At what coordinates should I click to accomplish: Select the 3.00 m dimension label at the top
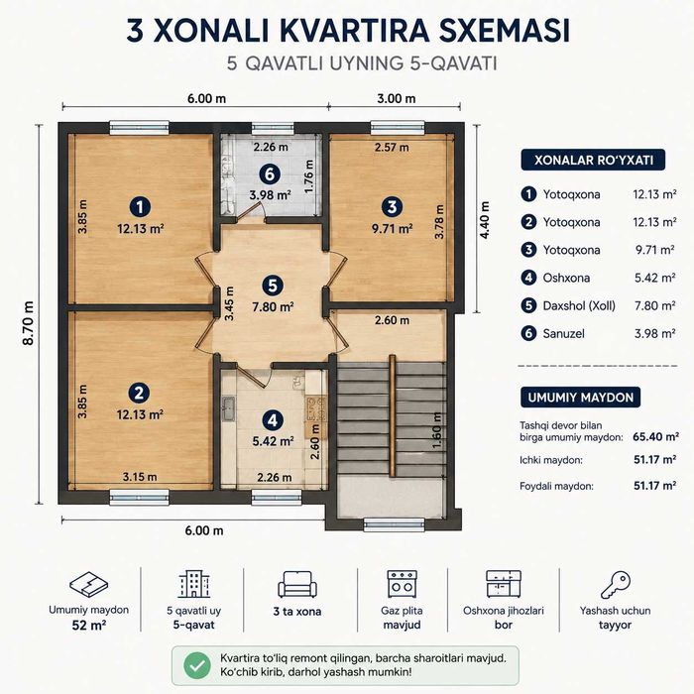coord(397,98)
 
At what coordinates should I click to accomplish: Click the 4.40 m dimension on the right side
coord(485,220)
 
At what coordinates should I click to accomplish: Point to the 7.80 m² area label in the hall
coord(273,306)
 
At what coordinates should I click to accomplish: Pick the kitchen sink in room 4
coord(228,408)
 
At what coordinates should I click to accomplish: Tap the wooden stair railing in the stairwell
coord(393,415)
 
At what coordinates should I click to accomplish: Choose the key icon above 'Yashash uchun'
coord(616,584)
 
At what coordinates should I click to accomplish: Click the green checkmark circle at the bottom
coord(197,665)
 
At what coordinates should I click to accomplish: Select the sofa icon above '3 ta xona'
coord(297,584)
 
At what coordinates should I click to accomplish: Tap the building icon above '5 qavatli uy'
coord(194,584)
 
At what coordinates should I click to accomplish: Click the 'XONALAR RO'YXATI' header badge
coord(593,160)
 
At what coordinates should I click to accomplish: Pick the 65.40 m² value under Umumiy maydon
coord(655,437)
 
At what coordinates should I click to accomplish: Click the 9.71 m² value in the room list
coord(655,250)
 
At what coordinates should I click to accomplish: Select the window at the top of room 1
coord(140,128)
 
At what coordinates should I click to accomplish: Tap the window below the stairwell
coord(394,524)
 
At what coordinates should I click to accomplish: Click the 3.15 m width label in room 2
coord(140,477)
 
